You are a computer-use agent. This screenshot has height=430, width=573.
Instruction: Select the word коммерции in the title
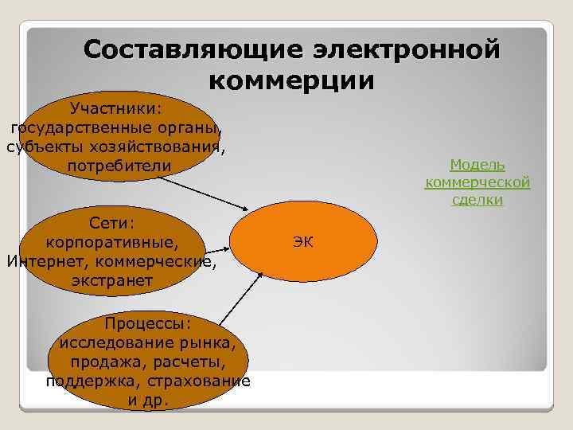click(291, 81)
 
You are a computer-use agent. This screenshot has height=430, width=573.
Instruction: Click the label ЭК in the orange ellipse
click(302, 241)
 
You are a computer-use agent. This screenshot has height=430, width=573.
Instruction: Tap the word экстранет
click(112, 281)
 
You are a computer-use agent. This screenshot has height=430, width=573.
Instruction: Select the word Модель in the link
click(477, 165)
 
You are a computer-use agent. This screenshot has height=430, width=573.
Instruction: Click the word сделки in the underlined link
click(477, 200)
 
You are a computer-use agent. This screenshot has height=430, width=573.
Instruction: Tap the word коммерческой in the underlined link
click(477, 182)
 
